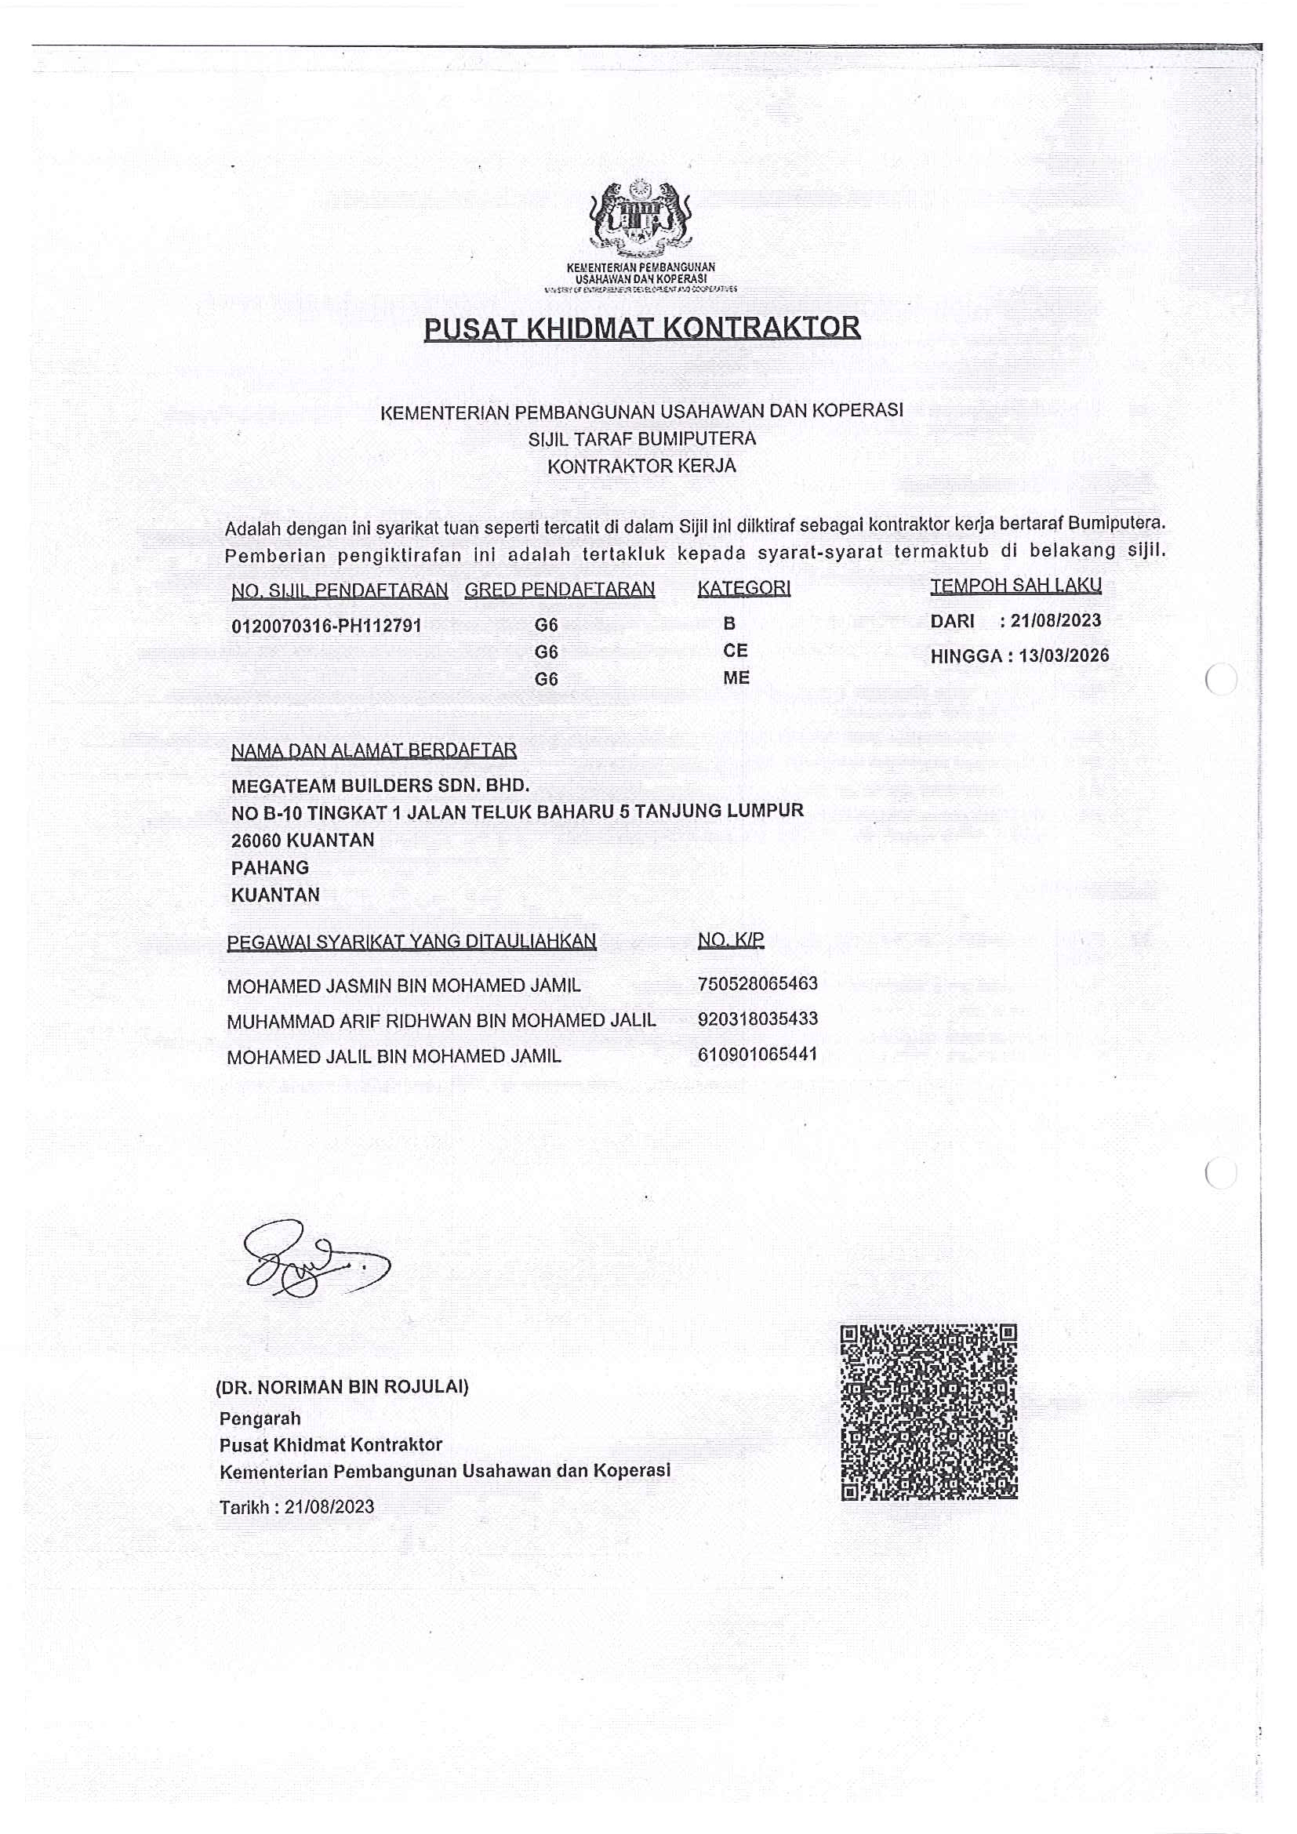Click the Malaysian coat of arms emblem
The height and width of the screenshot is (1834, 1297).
pyautogui.click(x=640, y=216)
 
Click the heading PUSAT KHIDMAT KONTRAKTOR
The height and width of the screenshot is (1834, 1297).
pyautogui.click(x=641, y=329)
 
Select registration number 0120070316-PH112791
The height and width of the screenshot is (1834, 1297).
pyautogui.click(x=326, y=626)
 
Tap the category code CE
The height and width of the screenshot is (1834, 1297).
pyautogui.click(x=735, y=650)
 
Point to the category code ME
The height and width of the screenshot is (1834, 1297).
pyautogui.click(x=736, y=677)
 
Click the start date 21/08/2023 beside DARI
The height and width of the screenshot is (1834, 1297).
pyautogui.click(x=1055, y=621)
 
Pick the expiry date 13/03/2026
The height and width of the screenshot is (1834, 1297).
pyautogui.click(x=1064, y=656)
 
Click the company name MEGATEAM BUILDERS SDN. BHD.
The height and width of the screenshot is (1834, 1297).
pyautogui.click(x=380, y=785)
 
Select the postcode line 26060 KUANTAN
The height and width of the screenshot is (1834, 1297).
pyautogui.click(x=302, y=841)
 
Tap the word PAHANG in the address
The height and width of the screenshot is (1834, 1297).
pyautogui.click(x=270, y=867)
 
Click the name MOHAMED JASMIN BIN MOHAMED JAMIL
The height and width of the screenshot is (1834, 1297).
pyautogui.click(x=403, y=986)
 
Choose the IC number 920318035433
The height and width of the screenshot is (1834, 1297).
pyautogui.click(x=757, y=1019)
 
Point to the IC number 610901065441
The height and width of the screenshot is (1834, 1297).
pyautogui.click(x=757, y=1055)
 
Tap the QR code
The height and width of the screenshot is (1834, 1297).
pyautogui.click(x=928, y=1411)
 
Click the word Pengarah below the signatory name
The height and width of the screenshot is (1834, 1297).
pyautogui.click(x=260, y=1418)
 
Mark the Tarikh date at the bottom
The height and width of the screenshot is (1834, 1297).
pyautogui.click(x=329, y=1506)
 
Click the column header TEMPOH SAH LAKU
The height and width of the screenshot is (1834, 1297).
pyautogui.click(x=1015, y=586)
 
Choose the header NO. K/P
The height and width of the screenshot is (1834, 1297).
pyautogui.click(x=730, y=940)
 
